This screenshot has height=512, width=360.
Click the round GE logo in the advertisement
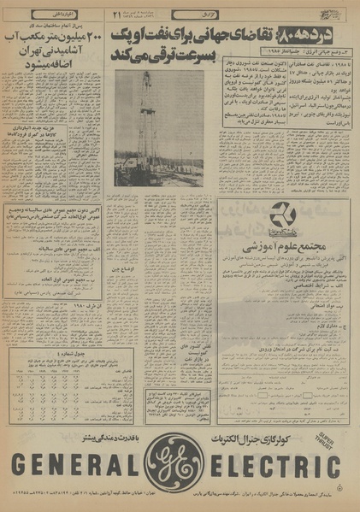pyautogui.click(x=180, y=468)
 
